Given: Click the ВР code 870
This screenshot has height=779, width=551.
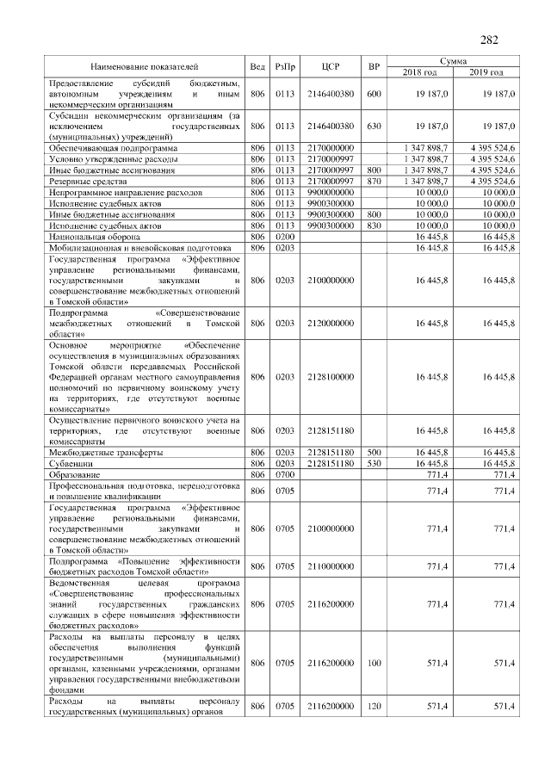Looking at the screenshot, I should point(373,182).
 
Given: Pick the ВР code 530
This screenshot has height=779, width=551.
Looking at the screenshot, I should point(373,463).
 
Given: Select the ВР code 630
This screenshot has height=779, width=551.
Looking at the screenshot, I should point(373,126).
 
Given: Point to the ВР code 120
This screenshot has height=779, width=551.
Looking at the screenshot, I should point(373,707).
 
